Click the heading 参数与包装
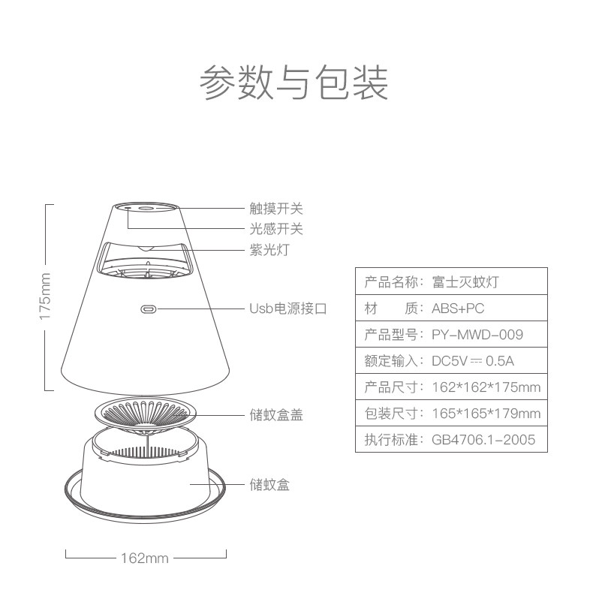pyautogui.click(x=293, y=82)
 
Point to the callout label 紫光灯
pyautogui.click(x=269, y=250)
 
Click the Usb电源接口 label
pyautogui.click(x=288, y=309)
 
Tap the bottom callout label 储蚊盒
pyautogui.click(x=269, y=485)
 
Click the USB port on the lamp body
pyautogui.click(x=148, y=309)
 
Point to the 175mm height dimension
pyautogui.click(x=45, y=297)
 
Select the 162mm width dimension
pyautogui.click(x=144, y=558)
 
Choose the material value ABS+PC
pyautogui.click(x=458, y=309)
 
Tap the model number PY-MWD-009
pyautogui.click(x=477, y=335)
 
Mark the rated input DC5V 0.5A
pyautogui.click(x=473, y=361)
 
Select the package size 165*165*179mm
pyautogui.click(x=486, y=414)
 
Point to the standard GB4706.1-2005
pyautogui.click(x=483, y=440)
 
